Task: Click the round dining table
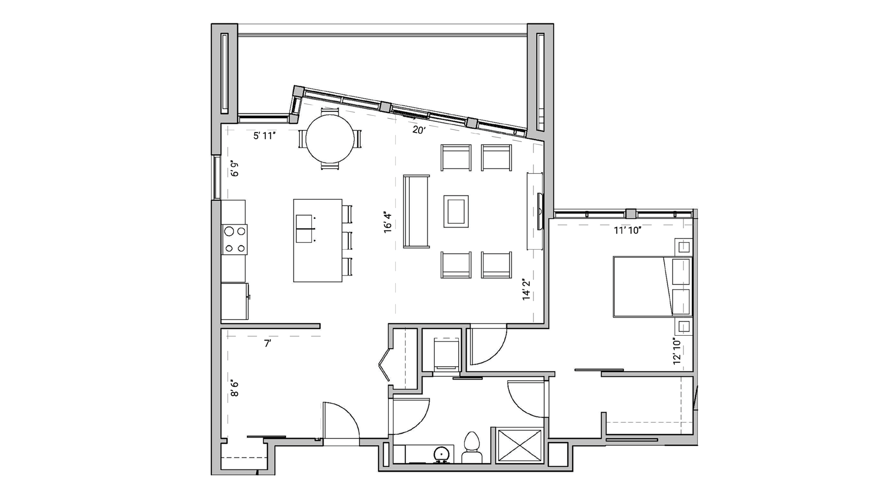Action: tap(330, 139)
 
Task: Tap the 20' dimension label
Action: tap(419, 130)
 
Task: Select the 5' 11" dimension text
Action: tap(265, 136)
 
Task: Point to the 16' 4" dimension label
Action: tap(388, 222)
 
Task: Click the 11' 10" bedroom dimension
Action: tap(627, 230)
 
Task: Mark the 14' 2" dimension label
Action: tap(527, 290)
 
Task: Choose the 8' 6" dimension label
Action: tap(234, 388)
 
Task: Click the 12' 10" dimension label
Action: tap(677, 352)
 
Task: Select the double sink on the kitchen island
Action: tap(304, 229)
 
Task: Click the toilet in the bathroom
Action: tap(472, 448)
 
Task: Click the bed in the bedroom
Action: tap(652, 286)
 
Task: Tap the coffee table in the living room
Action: tap(456, 211)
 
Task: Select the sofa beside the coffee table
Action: tap(416, 211)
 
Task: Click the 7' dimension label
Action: tap(267, 344)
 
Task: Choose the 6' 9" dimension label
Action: tap(234, 169)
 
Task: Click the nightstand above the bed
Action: tap(684, 246)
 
